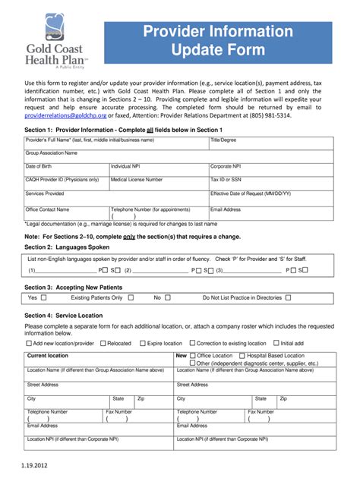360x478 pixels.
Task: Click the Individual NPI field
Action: (158, 171)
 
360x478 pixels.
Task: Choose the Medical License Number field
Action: (158, 184)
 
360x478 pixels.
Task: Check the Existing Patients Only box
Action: (130, 298)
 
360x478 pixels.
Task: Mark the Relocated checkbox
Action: (103, 343)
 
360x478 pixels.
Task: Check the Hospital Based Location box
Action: (242, 355)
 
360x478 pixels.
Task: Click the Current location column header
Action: (47, 355)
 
